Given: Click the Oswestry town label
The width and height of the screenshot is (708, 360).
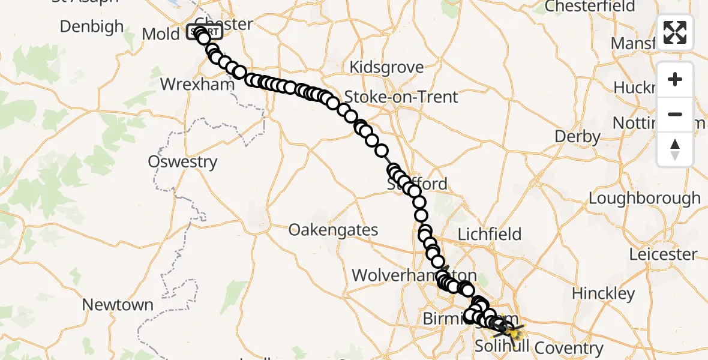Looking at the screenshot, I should click(182, 162).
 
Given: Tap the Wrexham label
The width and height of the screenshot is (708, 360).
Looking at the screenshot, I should click(197, 84).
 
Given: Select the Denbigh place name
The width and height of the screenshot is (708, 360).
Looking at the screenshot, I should click(92, 27).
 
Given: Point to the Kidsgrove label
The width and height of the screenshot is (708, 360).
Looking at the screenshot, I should click(386, 67).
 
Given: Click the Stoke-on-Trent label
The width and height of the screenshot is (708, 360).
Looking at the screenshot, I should click(401, 97).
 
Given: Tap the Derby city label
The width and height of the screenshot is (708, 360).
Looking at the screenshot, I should click(577, 137).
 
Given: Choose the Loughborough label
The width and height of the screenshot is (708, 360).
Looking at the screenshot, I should click(644, 199).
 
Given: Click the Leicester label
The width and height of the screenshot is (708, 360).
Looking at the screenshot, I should click(663, 254).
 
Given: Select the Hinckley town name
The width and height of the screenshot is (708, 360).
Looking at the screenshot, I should click(603, 293).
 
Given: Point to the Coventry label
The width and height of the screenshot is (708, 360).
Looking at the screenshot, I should click(568, 348).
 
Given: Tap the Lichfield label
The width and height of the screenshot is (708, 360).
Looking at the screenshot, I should click(490, 235).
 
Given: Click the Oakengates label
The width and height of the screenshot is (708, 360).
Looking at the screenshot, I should click(334, 230).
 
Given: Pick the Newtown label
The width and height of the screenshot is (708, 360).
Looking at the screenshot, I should click(118, 305).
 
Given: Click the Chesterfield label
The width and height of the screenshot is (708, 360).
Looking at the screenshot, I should click(589, 7).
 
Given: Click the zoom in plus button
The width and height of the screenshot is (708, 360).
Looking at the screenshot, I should click(675, 79).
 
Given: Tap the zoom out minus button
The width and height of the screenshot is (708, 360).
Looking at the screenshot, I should click(675, 114).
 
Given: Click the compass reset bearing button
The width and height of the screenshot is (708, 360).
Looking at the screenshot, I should click(675, 149).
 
